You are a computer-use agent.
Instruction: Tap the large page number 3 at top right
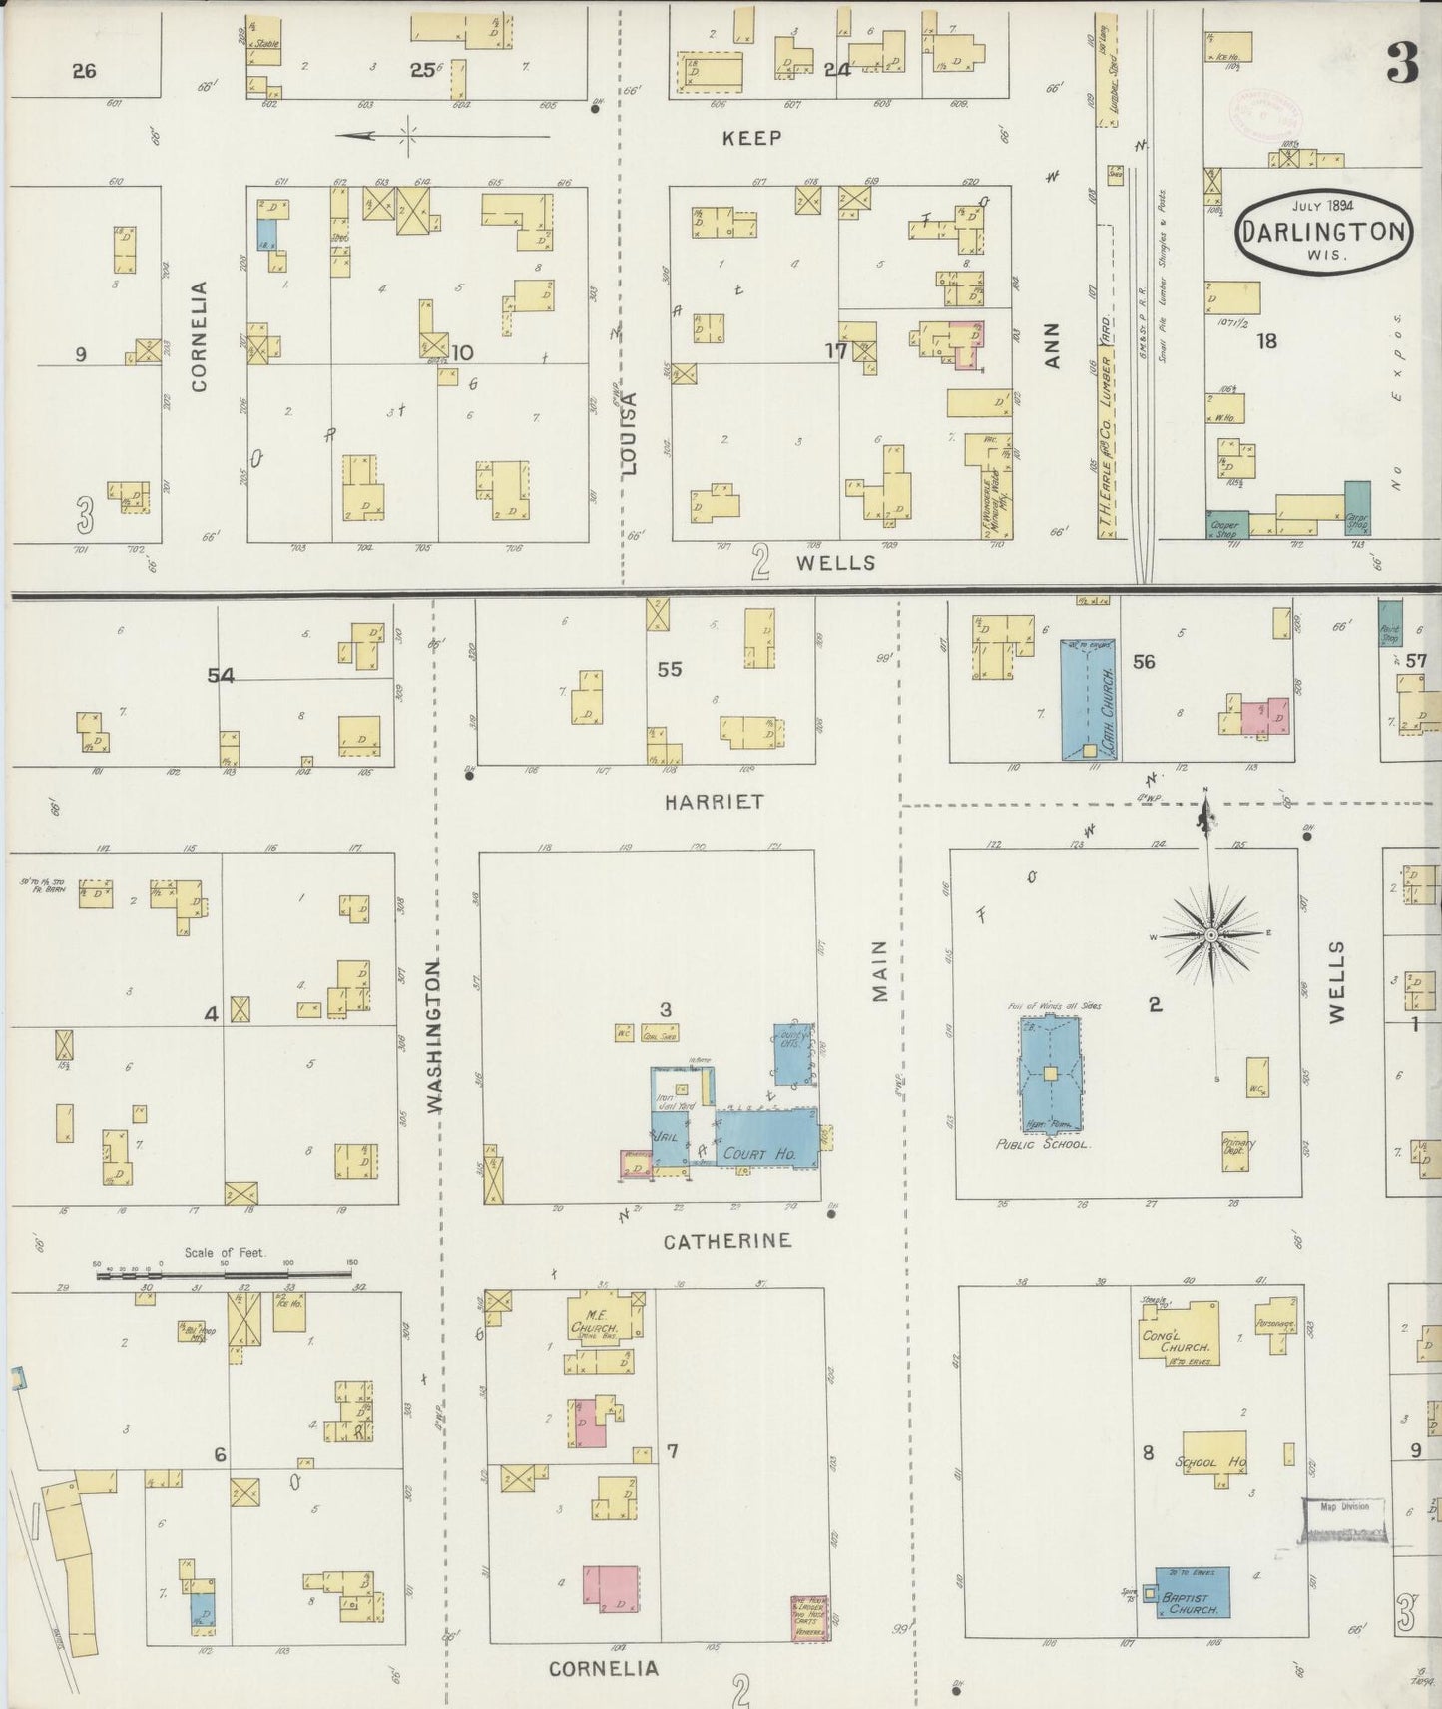[1402, 67]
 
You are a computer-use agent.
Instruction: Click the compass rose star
[1210, 935]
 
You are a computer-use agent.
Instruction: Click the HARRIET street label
[714, 801]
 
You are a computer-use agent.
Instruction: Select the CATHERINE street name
[727, 1240]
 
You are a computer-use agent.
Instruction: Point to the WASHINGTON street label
[435, 1036]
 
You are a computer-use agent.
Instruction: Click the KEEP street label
[752, 138]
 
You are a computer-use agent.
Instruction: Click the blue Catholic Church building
[1089, 699]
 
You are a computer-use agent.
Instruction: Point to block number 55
[669, 669]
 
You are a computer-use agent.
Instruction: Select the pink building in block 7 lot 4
[610, 1594]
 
